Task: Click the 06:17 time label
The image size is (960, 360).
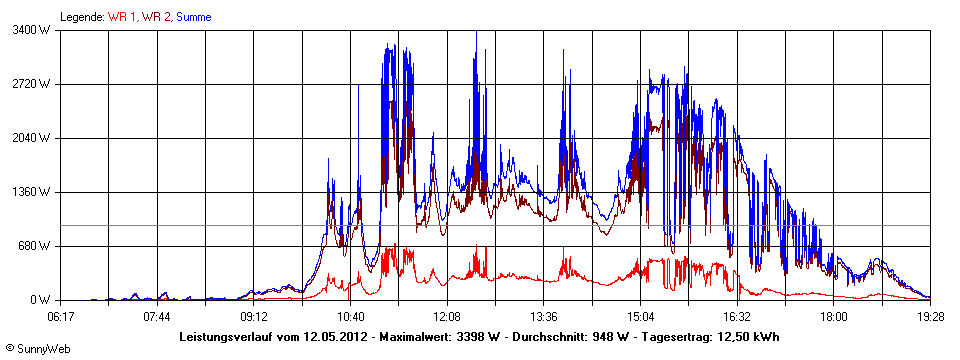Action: tap(61, 316)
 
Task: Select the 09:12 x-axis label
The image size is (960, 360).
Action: tap(253, 316)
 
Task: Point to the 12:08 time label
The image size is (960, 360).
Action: tap(447, 316)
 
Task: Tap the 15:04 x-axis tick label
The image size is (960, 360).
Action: tap(640, 316)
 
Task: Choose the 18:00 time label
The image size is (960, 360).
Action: tap(833, 316)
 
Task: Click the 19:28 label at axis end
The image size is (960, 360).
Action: tap(930, 316)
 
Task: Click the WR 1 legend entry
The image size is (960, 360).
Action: tap(122, 17)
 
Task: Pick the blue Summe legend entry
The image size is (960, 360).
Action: tap(193, 17)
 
